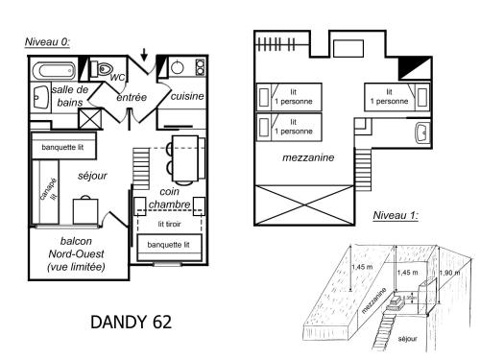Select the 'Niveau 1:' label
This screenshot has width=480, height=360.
tap(395, 215)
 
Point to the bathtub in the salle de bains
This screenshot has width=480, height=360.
tap(53, 70)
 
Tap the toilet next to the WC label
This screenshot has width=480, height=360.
tap(103, 70)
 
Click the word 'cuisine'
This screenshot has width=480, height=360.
tap(187, 97)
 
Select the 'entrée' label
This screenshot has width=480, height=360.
tap(132, 98)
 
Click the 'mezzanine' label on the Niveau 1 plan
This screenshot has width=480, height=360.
tap(308, 157)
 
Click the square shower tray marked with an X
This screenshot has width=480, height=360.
tap(91, 119)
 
